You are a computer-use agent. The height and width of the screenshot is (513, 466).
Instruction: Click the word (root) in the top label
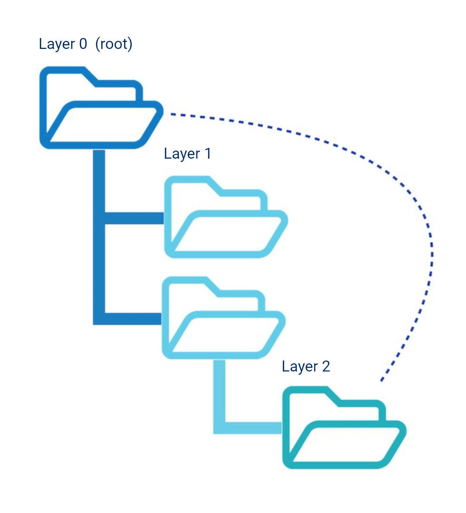pos(114,44)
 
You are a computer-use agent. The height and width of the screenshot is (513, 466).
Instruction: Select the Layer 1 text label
pos(187,153)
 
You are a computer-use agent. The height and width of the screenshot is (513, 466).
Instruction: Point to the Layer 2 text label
pos(306,366)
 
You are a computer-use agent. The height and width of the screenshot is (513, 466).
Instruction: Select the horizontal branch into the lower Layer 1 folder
pos(133,319)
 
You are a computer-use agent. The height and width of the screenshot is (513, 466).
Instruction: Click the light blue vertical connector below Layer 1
pos(219,389)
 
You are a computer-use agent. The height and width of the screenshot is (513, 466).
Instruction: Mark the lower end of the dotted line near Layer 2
pos(381,380)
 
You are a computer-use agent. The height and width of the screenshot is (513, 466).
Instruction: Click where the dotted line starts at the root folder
pos(172,114)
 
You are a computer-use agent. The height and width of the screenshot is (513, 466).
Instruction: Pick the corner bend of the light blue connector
pos(219,427)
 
